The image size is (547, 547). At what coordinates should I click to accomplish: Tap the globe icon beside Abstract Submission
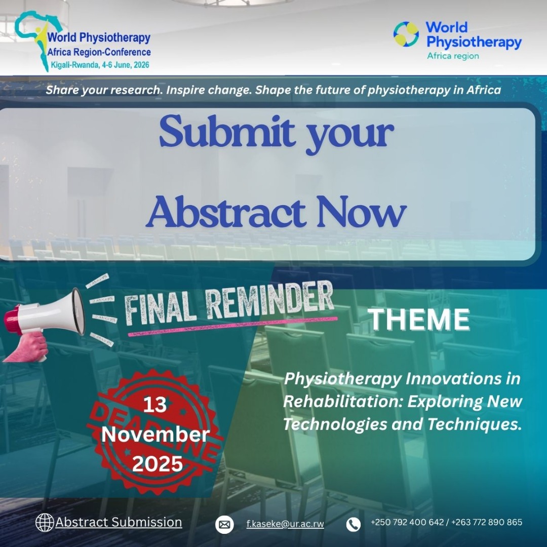pyautogui.click(x=45, y=522)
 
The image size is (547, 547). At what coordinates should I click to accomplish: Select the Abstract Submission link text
pyautogui.click(x=119, y=522)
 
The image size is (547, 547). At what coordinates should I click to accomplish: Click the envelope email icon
pyautogui.click(x=224, y=524)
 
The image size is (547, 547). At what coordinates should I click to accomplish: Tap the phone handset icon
pyautogui.click(x=354, y=524)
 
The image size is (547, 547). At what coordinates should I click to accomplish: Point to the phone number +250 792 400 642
pyautogui.click(x=407, y=522)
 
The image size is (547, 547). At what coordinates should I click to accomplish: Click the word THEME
pyautogui.click(x=418, y=320)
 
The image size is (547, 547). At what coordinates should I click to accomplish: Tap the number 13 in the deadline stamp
pyautogui.click(x=155, y=405)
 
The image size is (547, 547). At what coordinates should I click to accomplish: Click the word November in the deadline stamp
pyautogui.click(x=155, y=435)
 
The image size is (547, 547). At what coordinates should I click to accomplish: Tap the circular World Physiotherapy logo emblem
pyautogui.click(x=406, y=34)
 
